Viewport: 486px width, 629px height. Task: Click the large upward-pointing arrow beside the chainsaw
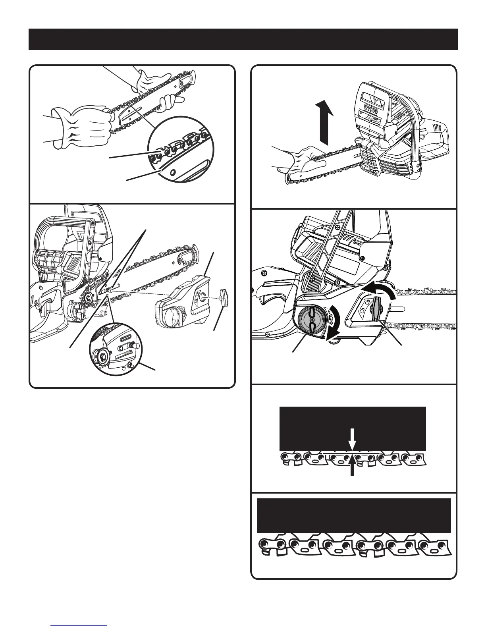pyautogui.click(x=324, y=123)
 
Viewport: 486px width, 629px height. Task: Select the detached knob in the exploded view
pyautogui.click(x=224, y=295)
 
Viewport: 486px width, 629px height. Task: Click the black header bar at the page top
pyautogui.click(x=243, y=39)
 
